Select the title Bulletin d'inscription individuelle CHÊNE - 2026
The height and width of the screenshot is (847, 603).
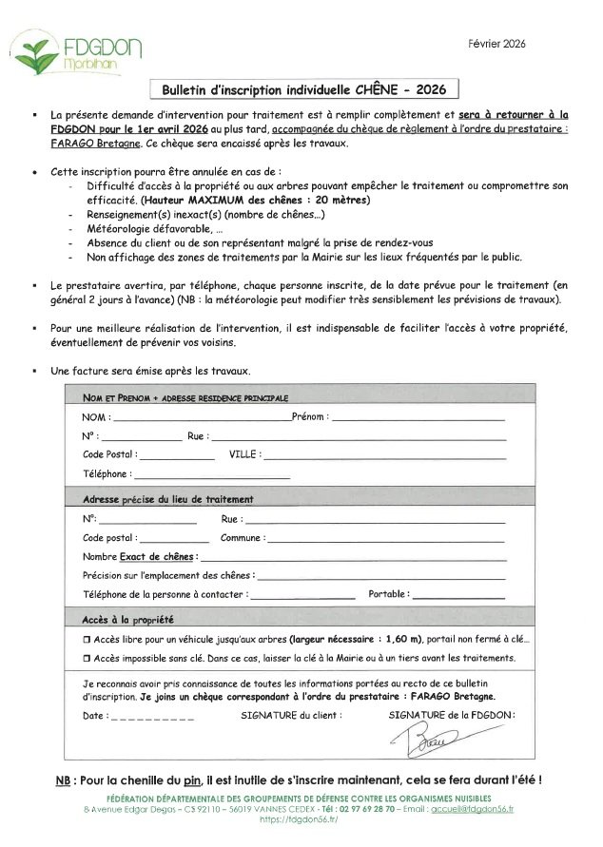click(x=310, y=89)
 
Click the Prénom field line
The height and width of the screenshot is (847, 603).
click(x=418, y=418)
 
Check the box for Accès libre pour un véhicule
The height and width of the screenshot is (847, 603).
click(x=87, y=642)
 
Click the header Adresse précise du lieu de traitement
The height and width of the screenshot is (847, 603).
click(x=168, y=500)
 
